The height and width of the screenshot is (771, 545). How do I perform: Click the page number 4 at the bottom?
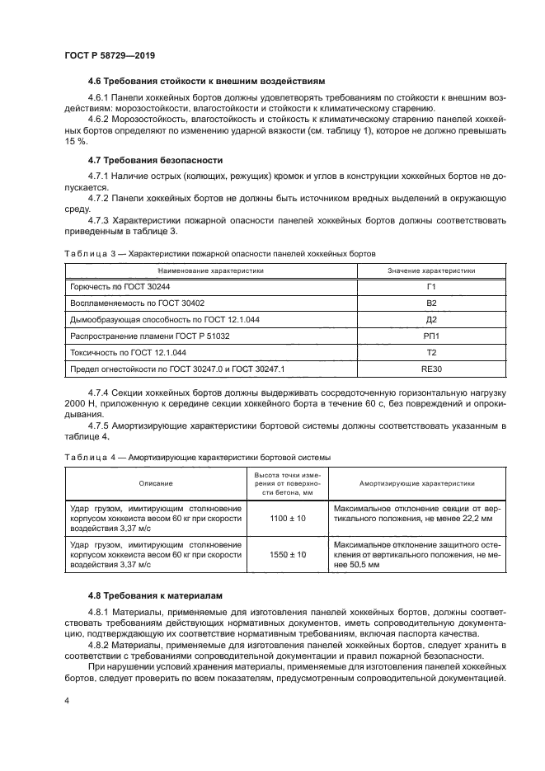[66, 698]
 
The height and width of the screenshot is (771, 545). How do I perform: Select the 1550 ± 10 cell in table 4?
[289, 555]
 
